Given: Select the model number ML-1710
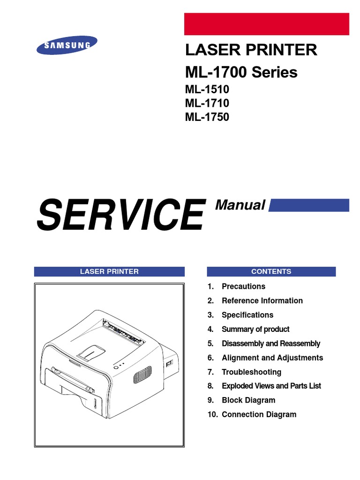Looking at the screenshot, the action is [207, 103].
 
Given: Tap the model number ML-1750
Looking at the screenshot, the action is [207, 117].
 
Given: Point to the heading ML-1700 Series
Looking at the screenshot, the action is [241, 73].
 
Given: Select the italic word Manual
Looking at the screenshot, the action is [240, 205].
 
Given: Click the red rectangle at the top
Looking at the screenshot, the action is [266, 24].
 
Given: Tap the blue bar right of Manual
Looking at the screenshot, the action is [309, 205].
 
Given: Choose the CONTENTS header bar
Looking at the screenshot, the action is [271, 271].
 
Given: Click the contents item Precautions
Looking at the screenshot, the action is [243, 286].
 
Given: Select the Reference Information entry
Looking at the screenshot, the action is [262, 300].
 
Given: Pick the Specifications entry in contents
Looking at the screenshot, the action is [247, 315].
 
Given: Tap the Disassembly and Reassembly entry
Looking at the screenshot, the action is [270, 344].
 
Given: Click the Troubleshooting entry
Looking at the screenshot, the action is [251, 372].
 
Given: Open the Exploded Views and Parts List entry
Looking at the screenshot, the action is [271, 386].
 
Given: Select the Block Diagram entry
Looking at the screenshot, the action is [248, 400].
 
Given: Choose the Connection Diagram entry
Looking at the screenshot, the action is [259, 414].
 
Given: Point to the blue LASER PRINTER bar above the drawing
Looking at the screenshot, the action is [109, 271].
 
